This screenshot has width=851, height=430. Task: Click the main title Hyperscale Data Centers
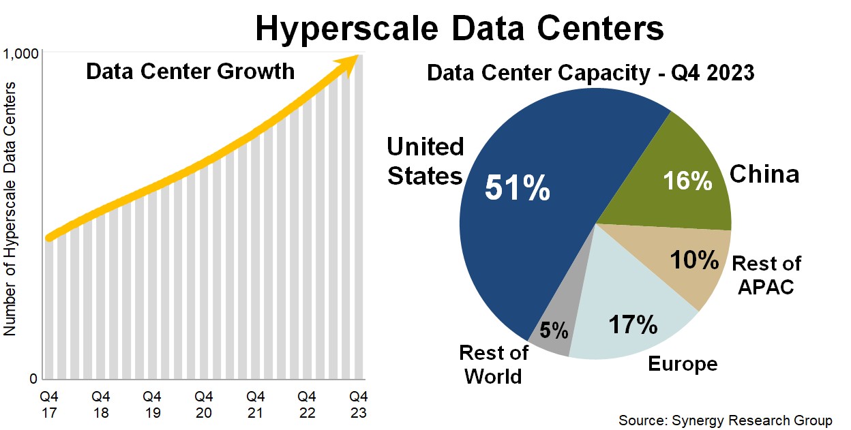tap(459, 29)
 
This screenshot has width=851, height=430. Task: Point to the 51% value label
tap(517, 188)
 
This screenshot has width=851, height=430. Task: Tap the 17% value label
tap(632, 324)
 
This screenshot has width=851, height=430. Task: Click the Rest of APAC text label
tap(766, 275)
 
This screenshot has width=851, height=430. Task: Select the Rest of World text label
tap(493, 364)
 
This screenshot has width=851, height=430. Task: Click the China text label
tap(764, 174)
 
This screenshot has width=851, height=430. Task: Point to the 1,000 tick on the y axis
tap(21, 55)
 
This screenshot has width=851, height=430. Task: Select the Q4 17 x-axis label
tap(48, 404)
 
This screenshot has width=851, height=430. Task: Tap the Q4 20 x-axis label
tap(203, 404)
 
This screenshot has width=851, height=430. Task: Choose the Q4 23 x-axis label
tap(358, 404)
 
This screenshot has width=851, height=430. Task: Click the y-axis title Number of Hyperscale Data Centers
tap(10, 208)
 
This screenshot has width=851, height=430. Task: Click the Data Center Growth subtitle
tap(190, 72)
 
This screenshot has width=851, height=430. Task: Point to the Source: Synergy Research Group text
tap(726, 419)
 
